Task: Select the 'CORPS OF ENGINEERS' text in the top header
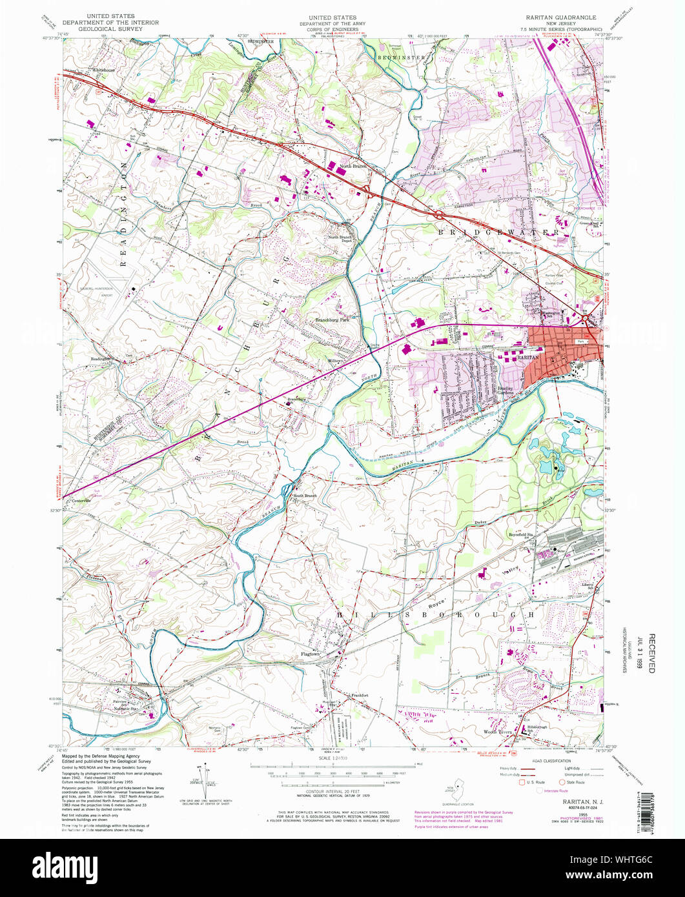pyautogui.click(x=332, y=29)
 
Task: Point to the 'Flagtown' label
pyautogui.click(x=311, y=654)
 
